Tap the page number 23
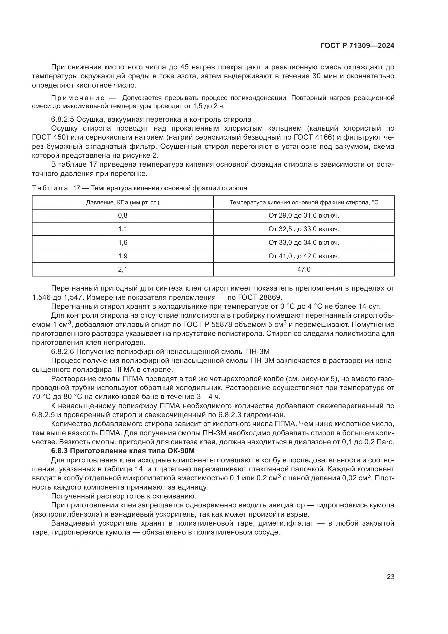point(390,577)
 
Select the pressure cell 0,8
point(123,215)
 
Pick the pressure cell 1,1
point(123,229)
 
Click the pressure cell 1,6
point(123,242)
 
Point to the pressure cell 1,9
point(123,256)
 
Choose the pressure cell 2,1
point(123,269)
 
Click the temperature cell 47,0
point(304,269)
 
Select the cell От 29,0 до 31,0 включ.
point(304,215)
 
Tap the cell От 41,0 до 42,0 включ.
point(304,256)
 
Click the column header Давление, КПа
point(123,202)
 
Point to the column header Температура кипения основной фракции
point(304,202)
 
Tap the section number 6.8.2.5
point(63,119)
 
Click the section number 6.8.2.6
point(63,352)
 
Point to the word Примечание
point(78,98)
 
